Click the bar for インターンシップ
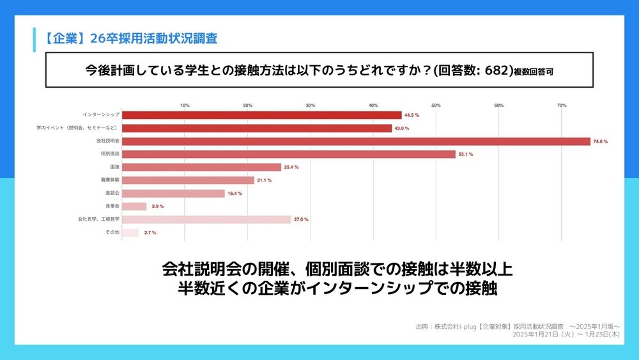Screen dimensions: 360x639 [x=261, y=115]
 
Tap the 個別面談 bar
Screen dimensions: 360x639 [x=288, y=154]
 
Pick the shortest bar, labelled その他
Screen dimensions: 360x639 [x=130, y=232]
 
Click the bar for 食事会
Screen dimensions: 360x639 [x=134, y=206]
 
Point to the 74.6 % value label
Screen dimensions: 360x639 [x=601, y=141]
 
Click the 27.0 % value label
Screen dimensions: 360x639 [x=301, y=219]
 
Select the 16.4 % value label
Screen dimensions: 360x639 [x=235, y=193]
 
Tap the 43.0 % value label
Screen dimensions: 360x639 [x=402, y=128]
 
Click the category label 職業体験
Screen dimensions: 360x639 [x=111, y=180]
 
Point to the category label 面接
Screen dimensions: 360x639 [x=114, y=167]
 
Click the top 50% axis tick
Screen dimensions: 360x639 [x=436, y=105]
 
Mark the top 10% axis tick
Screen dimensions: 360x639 [x=185, y=105]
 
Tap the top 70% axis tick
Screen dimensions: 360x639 [x=562, y=105]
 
